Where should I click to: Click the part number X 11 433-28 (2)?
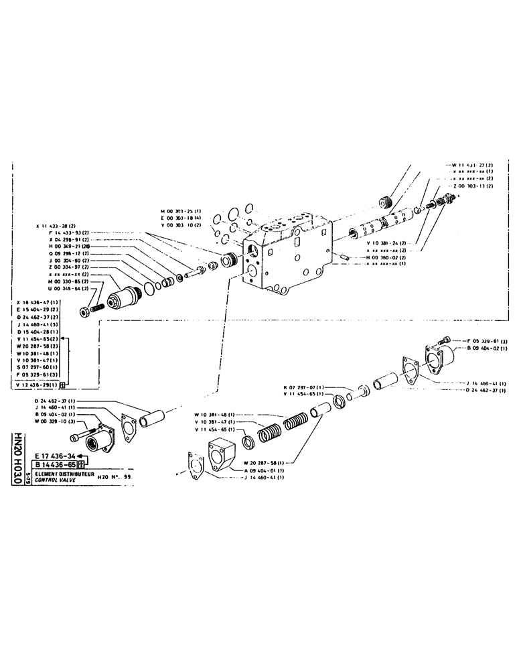56,226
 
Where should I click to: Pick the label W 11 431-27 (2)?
472,165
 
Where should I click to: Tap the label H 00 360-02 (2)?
394,257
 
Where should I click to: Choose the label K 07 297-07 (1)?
303,387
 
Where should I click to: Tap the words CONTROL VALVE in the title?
58,480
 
